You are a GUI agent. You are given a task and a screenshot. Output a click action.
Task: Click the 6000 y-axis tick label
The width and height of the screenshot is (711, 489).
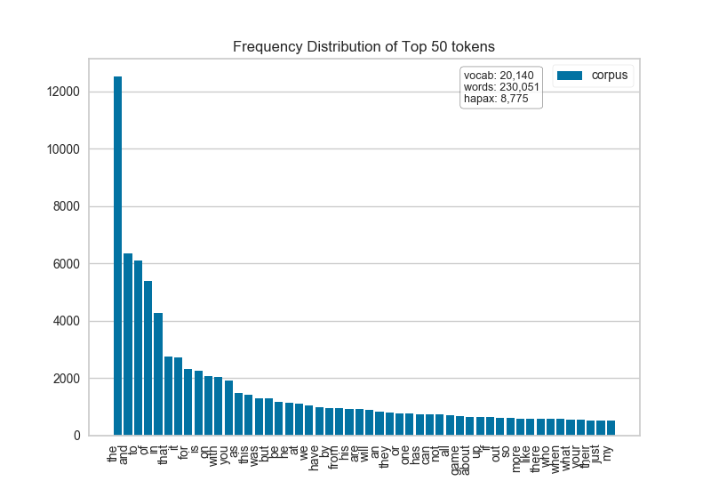pyautogui.click(x=68, y=264)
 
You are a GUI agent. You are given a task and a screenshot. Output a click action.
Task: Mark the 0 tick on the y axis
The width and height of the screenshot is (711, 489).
pyautogui.click(x=77, y=436)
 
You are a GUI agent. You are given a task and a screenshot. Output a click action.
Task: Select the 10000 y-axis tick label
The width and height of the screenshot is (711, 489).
pyautogui.click(x=64, y=149)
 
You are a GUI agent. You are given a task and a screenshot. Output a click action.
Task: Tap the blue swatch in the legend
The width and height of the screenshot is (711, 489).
pyautogui.click(x=570, y=76)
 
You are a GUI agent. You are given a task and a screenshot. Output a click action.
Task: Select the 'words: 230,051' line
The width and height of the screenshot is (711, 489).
pyautogui.click(x=501, y=87)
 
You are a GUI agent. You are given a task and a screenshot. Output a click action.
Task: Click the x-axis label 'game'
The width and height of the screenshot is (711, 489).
pyautogui.click(x=459, y=454)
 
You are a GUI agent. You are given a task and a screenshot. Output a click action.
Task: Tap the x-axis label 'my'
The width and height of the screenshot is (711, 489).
pyautogui.click(x=610, y=450)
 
